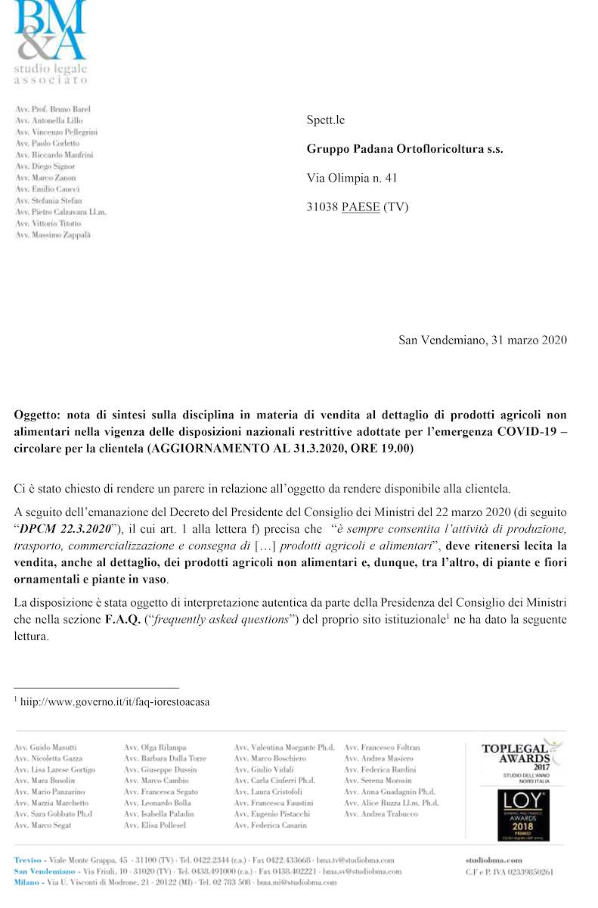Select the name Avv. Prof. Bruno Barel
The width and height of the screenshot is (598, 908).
coord(53,109)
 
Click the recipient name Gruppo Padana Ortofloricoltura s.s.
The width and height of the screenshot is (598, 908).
coord(404,149)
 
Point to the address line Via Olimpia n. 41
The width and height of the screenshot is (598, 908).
coord(352,178)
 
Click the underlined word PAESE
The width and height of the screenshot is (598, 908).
coord(361,207)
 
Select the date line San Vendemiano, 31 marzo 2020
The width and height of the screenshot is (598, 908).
coord(482,340)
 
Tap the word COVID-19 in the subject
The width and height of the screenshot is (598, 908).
coord(529,431)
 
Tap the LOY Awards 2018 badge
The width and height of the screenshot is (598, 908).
coord(523,815)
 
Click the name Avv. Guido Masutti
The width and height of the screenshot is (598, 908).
coord(45,748)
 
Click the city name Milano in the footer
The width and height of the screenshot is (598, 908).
coord(29,882)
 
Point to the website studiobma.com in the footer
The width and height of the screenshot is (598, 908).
coord(494,860)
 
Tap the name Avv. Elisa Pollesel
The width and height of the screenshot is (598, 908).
coord(155,826)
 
